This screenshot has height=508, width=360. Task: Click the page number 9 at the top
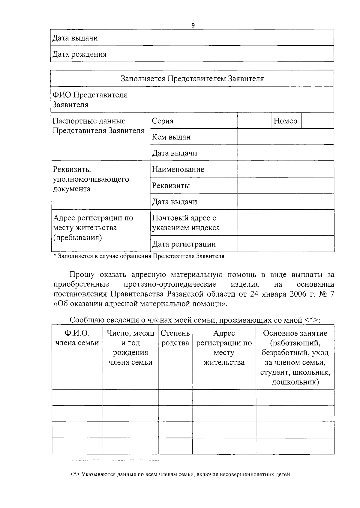(193, 25)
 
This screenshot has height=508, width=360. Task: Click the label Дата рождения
(79, 54)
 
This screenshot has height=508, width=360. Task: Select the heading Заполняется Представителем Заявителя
(192, 79)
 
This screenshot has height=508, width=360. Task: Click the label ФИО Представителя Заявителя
(90, 100)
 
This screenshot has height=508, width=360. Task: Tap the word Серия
(163, 121)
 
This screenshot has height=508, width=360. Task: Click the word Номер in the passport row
(285, 121)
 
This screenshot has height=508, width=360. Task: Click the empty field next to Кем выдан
(286, 137)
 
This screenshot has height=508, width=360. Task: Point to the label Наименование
(178, 169)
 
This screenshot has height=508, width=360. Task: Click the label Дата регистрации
(184, 244)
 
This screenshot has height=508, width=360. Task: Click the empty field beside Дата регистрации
(286, 244)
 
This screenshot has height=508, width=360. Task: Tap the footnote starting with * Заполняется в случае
(139, 256)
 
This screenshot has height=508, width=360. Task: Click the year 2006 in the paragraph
(298, 294)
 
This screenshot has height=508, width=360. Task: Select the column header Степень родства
(175, 338)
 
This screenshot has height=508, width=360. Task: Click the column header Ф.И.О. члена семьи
(77, 338)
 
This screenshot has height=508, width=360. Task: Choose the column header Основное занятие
(295, 333)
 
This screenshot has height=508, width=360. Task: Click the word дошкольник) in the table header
(295, 382)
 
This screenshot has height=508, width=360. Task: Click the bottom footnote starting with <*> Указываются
(181, 475)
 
